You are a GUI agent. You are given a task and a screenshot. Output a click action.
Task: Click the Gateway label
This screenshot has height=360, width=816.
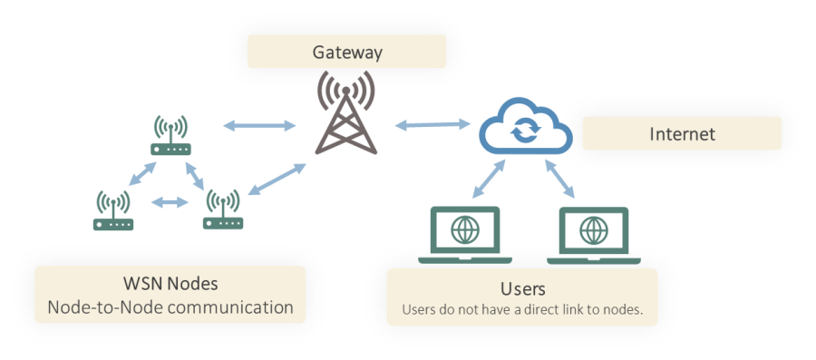(x=347, y=52)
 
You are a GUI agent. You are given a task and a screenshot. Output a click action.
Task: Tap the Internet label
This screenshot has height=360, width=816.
(x=682, y=134)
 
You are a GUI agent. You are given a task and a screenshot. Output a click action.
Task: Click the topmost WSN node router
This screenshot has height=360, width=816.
(x=170, y=137)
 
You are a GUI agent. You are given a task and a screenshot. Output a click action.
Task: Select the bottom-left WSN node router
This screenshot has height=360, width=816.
(x=113, y=210)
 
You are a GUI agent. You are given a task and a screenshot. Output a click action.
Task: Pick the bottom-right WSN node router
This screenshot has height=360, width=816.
(x=222, y=210)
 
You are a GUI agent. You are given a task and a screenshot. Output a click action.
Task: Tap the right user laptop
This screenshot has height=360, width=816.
(x=595, y=235)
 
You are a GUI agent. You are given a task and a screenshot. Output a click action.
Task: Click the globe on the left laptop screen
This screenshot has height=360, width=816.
(x=463, y=229)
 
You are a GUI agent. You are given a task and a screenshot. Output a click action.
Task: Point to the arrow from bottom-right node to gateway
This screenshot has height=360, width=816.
(x=276, y=179)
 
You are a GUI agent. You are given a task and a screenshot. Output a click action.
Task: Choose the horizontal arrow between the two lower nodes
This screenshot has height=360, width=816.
(x=168, y=202)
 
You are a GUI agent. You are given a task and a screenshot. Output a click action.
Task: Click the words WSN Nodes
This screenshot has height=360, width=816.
(x=170, y=283)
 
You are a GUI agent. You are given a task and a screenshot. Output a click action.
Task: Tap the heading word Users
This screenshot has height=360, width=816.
(x=522, y=289)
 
